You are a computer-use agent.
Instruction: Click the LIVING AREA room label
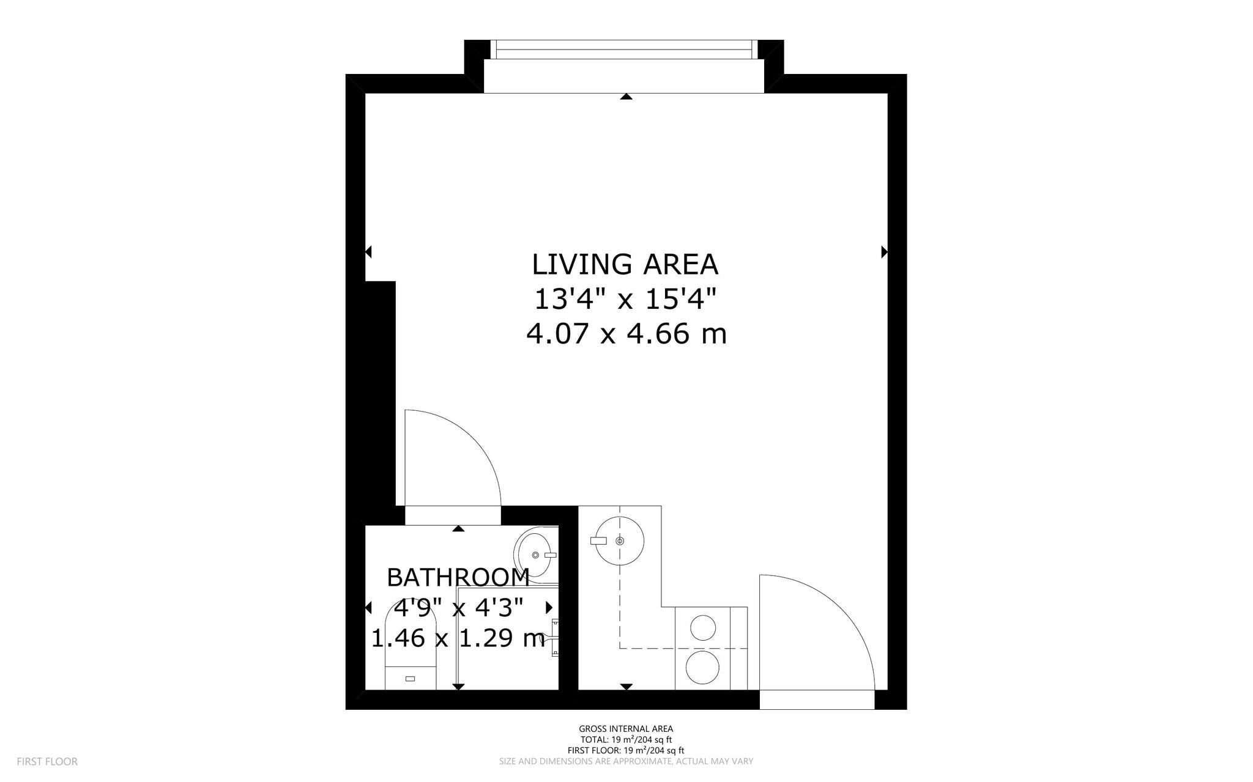(625, 265)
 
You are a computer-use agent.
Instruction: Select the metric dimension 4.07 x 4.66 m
(626, 334)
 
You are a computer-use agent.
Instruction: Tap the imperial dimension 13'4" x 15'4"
(625, 300)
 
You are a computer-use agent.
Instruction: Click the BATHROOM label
(458, 577)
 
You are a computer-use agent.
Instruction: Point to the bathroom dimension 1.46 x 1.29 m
(458, 638)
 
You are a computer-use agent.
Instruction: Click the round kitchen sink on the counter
(619, 540)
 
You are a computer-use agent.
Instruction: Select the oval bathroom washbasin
(534, 555)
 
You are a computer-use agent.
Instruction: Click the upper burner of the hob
(703, 627)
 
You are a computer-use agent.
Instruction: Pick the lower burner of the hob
(703, 667)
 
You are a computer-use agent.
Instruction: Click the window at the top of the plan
(623, 50)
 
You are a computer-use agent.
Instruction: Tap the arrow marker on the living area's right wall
(884, 251)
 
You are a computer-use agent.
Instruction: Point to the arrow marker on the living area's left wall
(368, 251)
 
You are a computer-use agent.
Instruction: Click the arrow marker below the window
(625, 97)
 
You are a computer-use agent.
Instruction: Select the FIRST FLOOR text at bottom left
(47, 761)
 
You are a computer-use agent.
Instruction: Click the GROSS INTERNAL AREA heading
(625, 728)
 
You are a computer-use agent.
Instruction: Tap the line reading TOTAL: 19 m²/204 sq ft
(625, 739)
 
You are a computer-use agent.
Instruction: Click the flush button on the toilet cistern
(410, 679)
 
